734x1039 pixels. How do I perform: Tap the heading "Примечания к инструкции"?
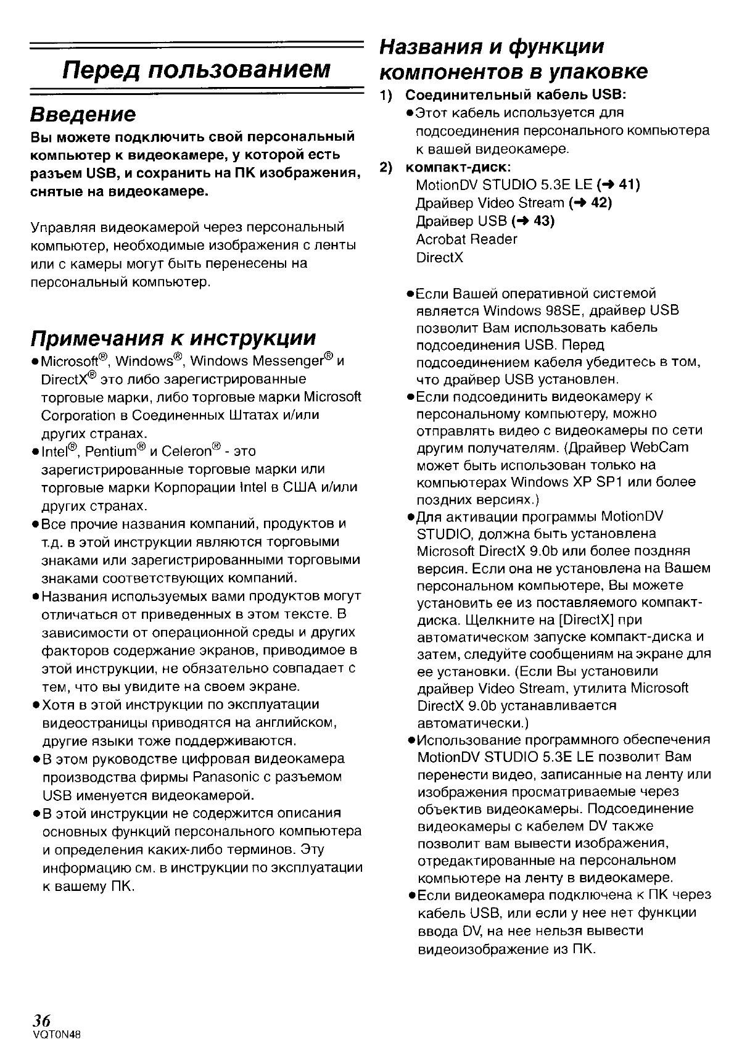[x=173, y=338]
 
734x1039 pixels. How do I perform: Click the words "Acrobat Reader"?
[x=466, y=239]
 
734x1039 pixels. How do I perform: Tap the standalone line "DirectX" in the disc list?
[x=439, y=257]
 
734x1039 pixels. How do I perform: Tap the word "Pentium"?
[x=112, y=452]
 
